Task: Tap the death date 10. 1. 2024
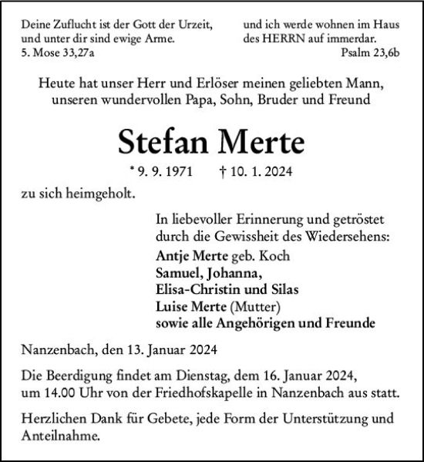[249, 173]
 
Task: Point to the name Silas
[281, 288]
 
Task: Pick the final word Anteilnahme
[59, 437]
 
